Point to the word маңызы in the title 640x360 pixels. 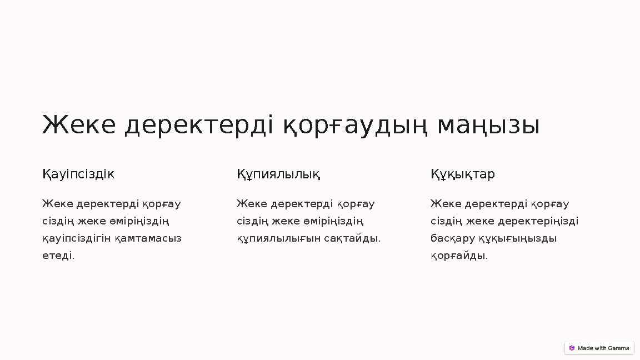point(488,125)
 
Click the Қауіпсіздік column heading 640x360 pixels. point(78,174)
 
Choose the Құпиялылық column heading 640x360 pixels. point(278,174)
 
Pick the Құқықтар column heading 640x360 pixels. point(462,174)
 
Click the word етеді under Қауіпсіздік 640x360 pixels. point(58,256)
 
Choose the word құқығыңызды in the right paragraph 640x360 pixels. point(518,238)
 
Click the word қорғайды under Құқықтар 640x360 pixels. point(459,256)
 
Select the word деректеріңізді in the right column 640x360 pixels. point(538,221)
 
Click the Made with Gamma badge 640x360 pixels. point(599,348)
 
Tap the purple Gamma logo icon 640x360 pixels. point(572,348)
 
